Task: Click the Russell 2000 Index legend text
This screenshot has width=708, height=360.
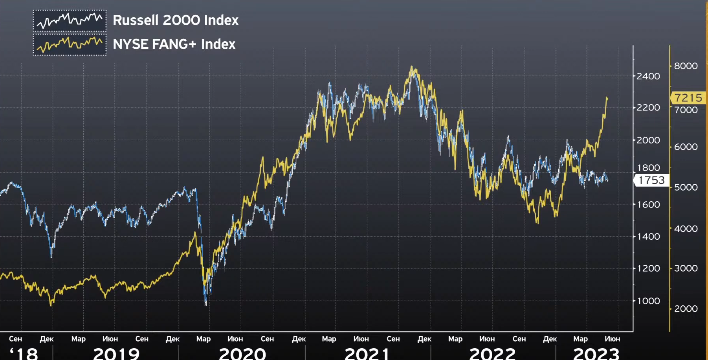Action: tap(175, 20)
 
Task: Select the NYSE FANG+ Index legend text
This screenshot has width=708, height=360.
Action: tap(174, 44)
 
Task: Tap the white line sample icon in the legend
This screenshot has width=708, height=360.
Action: tap(70, 20)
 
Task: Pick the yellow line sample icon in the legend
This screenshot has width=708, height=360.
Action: tap(70, 44)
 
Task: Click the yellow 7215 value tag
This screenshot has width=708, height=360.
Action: tap(688, 97)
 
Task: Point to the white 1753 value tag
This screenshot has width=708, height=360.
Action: tap(651, 180)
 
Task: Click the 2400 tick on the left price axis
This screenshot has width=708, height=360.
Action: tap(648, 76)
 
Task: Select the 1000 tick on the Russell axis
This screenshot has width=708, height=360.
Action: tap(648, 301)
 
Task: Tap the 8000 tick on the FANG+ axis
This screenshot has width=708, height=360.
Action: tap(686, 66)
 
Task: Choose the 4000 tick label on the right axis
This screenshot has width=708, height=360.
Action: tap(686, 229)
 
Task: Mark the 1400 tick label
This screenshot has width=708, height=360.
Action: tap(648, 237)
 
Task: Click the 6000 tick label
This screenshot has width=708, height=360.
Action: tap(686, 147)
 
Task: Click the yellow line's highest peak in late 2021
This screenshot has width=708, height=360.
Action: tap(412, 67)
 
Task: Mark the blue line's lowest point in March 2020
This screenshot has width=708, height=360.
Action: tap(205, 303)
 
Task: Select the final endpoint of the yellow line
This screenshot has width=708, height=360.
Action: tap(607, 97)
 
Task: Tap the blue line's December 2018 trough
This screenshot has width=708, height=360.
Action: tap(51, 256)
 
